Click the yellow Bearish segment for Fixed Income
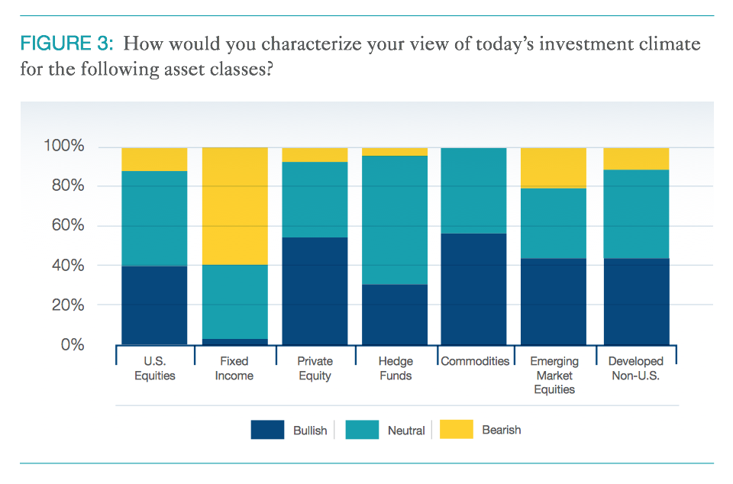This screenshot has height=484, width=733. pyautogui.click(x=234, y=206)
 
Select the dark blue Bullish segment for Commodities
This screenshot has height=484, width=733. pyautogui.click(x=473, y=289)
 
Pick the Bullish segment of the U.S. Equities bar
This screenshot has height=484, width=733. pyautogui.click(x=154, y=305)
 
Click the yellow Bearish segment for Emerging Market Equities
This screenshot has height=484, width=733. pyautogui.click(x=554, y=168)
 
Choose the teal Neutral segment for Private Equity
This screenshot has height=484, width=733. pyautogui.click(x=315, y=199)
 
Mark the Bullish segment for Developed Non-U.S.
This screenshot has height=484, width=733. pyautogui.click(x=636, y=302)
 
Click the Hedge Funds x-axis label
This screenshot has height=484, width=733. pyautogui.click(x=395, y=368)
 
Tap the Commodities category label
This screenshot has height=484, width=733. pyautogui.click(x=475, y=361)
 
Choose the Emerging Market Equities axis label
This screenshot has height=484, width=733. pyautogui.click(x=554, y=375)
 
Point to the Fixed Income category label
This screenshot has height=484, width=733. pyautogui.click(x=234, y=368)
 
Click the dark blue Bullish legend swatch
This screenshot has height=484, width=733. pyautogui.click(x=267, y=430)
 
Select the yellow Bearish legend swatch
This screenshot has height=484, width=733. pyautogui.click(x=456, y=430)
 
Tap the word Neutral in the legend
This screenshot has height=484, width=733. pyautogui.click(x=406, y=431)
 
